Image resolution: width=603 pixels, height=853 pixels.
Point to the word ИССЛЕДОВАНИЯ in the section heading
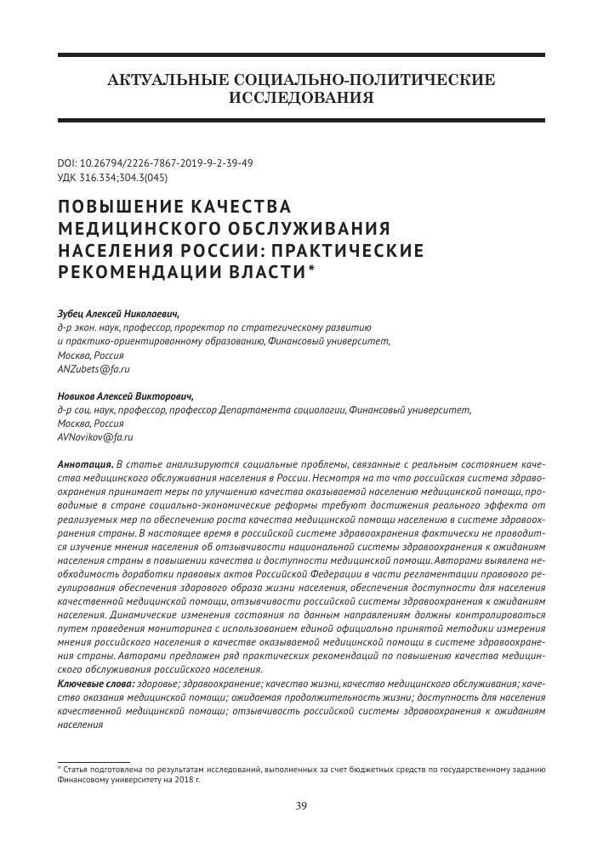[301, 97]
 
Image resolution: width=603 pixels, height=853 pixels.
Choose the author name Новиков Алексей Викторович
[124, 395]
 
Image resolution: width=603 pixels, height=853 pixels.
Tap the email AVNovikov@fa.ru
[95, 436]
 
